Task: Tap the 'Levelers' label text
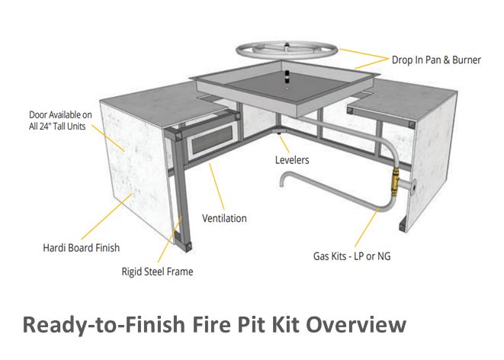pyautogui.click(x=292, y=160)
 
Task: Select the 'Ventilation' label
pyautogui.click(x=224, y=218)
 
